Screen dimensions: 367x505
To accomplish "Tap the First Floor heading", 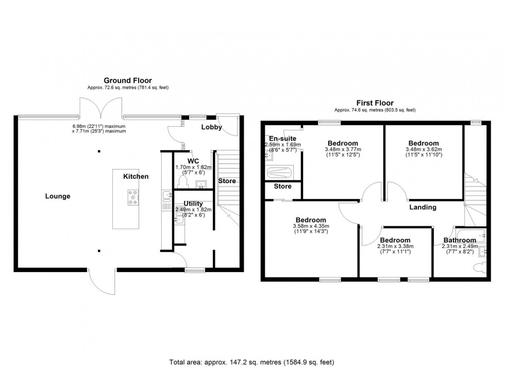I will (375, 102).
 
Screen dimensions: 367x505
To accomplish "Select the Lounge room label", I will (58, 196).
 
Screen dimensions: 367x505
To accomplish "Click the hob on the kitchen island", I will (133, 197).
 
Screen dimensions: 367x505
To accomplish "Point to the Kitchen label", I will (136, 176).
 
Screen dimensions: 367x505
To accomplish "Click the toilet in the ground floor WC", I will (181, 182).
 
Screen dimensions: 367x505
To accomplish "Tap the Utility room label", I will (193, 204).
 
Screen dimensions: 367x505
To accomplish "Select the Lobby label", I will (211, 126).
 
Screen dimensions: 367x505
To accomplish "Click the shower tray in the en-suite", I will (279, 172).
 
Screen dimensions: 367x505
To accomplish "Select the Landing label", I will (423, 207).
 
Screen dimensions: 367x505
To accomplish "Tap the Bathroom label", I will (456, 240).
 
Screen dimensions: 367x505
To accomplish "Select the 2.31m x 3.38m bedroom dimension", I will (395, 246).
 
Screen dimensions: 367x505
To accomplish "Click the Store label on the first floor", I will (282, 187).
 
